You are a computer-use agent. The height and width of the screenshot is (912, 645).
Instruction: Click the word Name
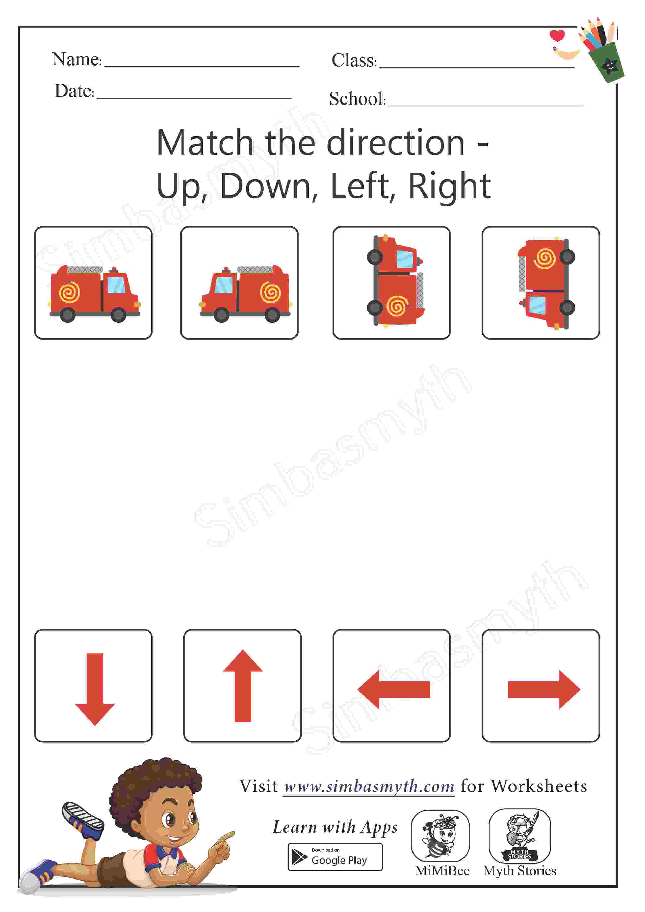point(77,59)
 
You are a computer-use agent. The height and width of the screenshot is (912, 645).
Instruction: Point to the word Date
point(74,91)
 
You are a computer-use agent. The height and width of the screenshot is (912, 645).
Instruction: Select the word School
point(357,99)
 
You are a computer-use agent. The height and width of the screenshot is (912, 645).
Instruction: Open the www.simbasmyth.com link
point(369,786)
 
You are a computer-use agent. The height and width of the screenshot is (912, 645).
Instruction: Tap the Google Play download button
point(335,857)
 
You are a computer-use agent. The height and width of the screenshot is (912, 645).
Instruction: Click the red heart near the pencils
point(557,35)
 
